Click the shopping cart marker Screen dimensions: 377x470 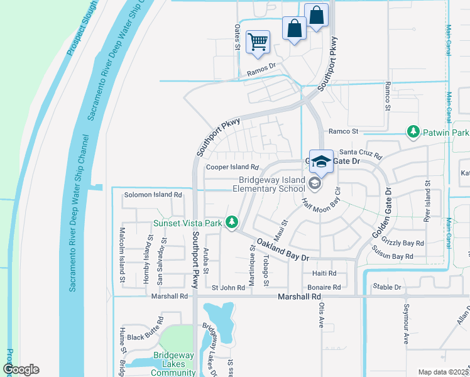pyautogui.click(x=258, y=43)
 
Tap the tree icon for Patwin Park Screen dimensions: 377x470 pyautogui.click(x=413, y=131)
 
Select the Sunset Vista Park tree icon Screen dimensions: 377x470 pyautogui.click(x=232, y=222)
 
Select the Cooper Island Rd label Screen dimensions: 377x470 pyautogui.click(x=232, y=168)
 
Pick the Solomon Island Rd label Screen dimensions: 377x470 pyautogui.click(x=153, y=195)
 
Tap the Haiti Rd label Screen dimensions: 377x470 pyautogui.click(x=324, y=273)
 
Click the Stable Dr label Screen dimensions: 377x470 pyautogui.click(x=386, y=287)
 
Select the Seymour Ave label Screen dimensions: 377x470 pyautogui.click(x=406, y=328)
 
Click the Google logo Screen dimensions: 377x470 pyautogui.click(x=21, y=369)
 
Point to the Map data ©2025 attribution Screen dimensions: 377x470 pyautogui.click(x=442, y=372)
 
